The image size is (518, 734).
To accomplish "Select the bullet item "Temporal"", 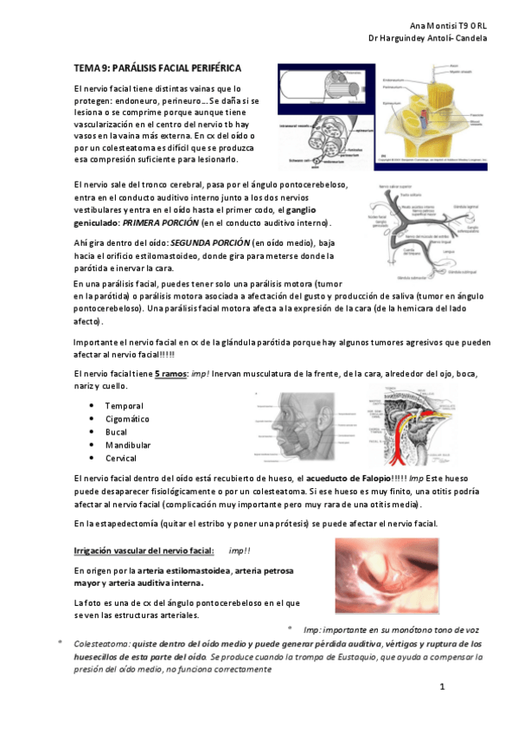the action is (x=124, y=406).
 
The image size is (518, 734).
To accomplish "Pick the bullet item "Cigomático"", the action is (x=127, y=419).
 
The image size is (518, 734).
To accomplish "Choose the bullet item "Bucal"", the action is (x=118, y=432).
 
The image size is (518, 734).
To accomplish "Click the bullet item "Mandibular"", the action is (x=128, y=445).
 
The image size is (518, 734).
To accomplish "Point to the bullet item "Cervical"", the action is (x=121, y=458).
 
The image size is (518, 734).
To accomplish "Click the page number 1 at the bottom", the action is (x=441, y=687).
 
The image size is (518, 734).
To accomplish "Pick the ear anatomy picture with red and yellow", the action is (x=406, y=424).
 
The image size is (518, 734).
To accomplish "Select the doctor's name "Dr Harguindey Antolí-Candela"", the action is (x=427, y=39).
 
